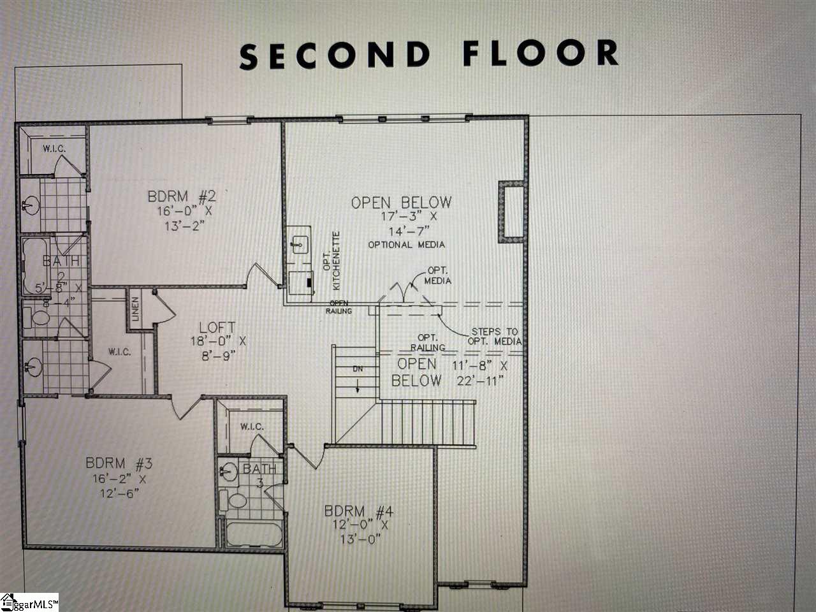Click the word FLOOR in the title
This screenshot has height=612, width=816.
(540, 54)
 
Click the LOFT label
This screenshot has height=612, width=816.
(217, 328)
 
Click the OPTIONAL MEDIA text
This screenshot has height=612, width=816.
(406, 245)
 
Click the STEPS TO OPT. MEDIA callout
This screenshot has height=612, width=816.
(495, 337)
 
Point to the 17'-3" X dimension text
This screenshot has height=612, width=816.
(400, 217)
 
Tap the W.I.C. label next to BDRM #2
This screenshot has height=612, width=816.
(54, 149)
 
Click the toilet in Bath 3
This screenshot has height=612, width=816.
(238, 500)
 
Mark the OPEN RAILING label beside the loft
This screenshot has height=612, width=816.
(339, 307)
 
